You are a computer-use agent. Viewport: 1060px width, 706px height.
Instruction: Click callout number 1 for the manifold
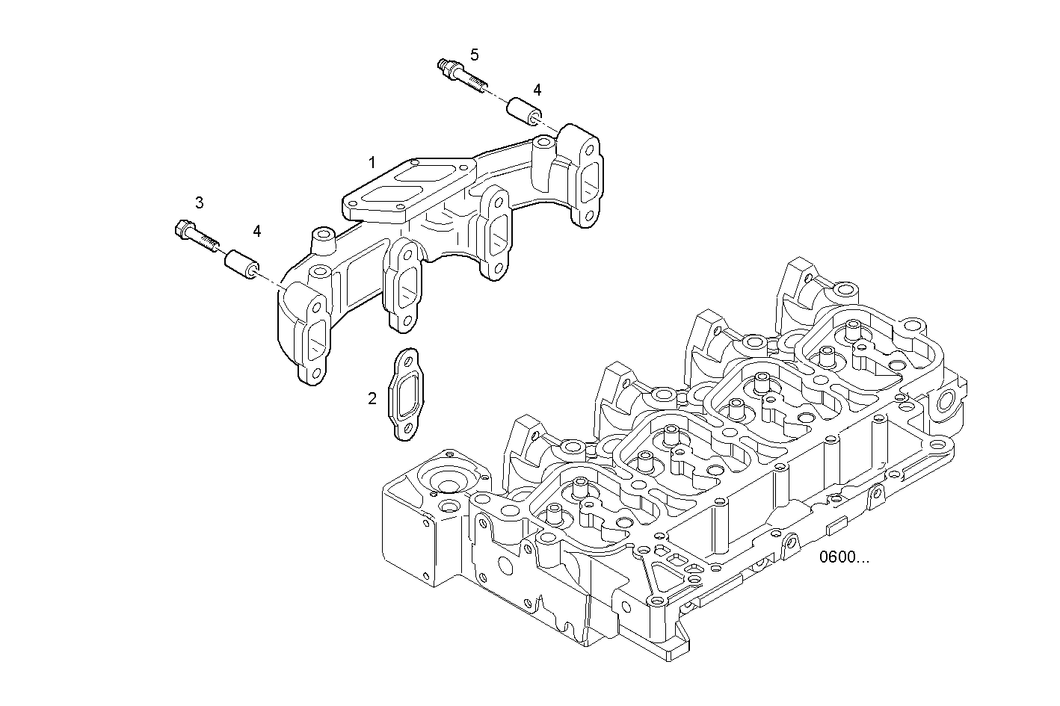coord(372,162)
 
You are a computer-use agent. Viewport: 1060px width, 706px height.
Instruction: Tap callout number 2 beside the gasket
coord(372,399)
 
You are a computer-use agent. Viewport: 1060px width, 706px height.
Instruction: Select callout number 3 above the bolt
coord(199,202)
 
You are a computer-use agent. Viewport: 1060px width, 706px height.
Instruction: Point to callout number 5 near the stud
coord(474,55)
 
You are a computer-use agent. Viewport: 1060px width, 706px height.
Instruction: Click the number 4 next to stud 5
coord(537,90)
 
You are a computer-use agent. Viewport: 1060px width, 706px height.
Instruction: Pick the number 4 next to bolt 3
coord(256,231)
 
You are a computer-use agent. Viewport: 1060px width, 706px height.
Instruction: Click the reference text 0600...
coord(844,557)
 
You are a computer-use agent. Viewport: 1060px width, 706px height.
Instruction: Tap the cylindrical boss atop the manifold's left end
coord(322,241)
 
